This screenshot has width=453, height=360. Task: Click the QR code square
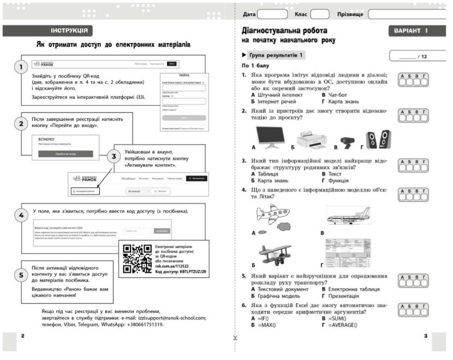pyautogui.click(x=137, y=258)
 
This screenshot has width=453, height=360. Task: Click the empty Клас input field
pyautogui.click(x=320, y=13)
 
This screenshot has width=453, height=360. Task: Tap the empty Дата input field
pyautogui.click(x=273, y=13)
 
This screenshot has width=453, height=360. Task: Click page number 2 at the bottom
pyautogui.click(x=23, y=336)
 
